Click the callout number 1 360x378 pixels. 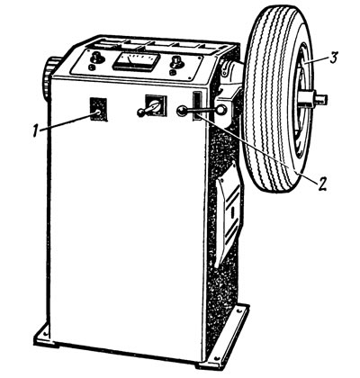(x=36, y=131)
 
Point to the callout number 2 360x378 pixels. (x=321, y=184)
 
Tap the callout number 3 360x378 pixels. (x=334, y=58)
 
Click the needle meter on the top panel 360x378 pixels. (x=136, y=61)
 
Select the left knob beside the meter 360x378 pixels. (x=97, y=57)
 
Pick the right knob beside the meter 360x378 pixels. (x=176, y=62)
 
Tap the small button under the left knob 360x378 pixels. (x=92, y=67)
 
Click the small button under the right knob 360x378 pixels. (x=173, y=73)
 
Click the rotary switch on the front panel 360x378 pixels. (x=155, y=105)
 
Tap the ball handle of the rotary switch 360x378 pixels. (x=140, y=112)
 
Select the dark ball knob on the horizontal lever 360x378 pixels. (x=182, y=111)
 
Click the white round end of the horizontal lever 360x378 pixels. (x=221, y=110)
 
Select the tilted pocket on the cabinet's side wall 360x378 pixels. (x=229, y=213)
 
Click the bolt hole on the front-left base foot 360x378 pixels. (x=45, y=333)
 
